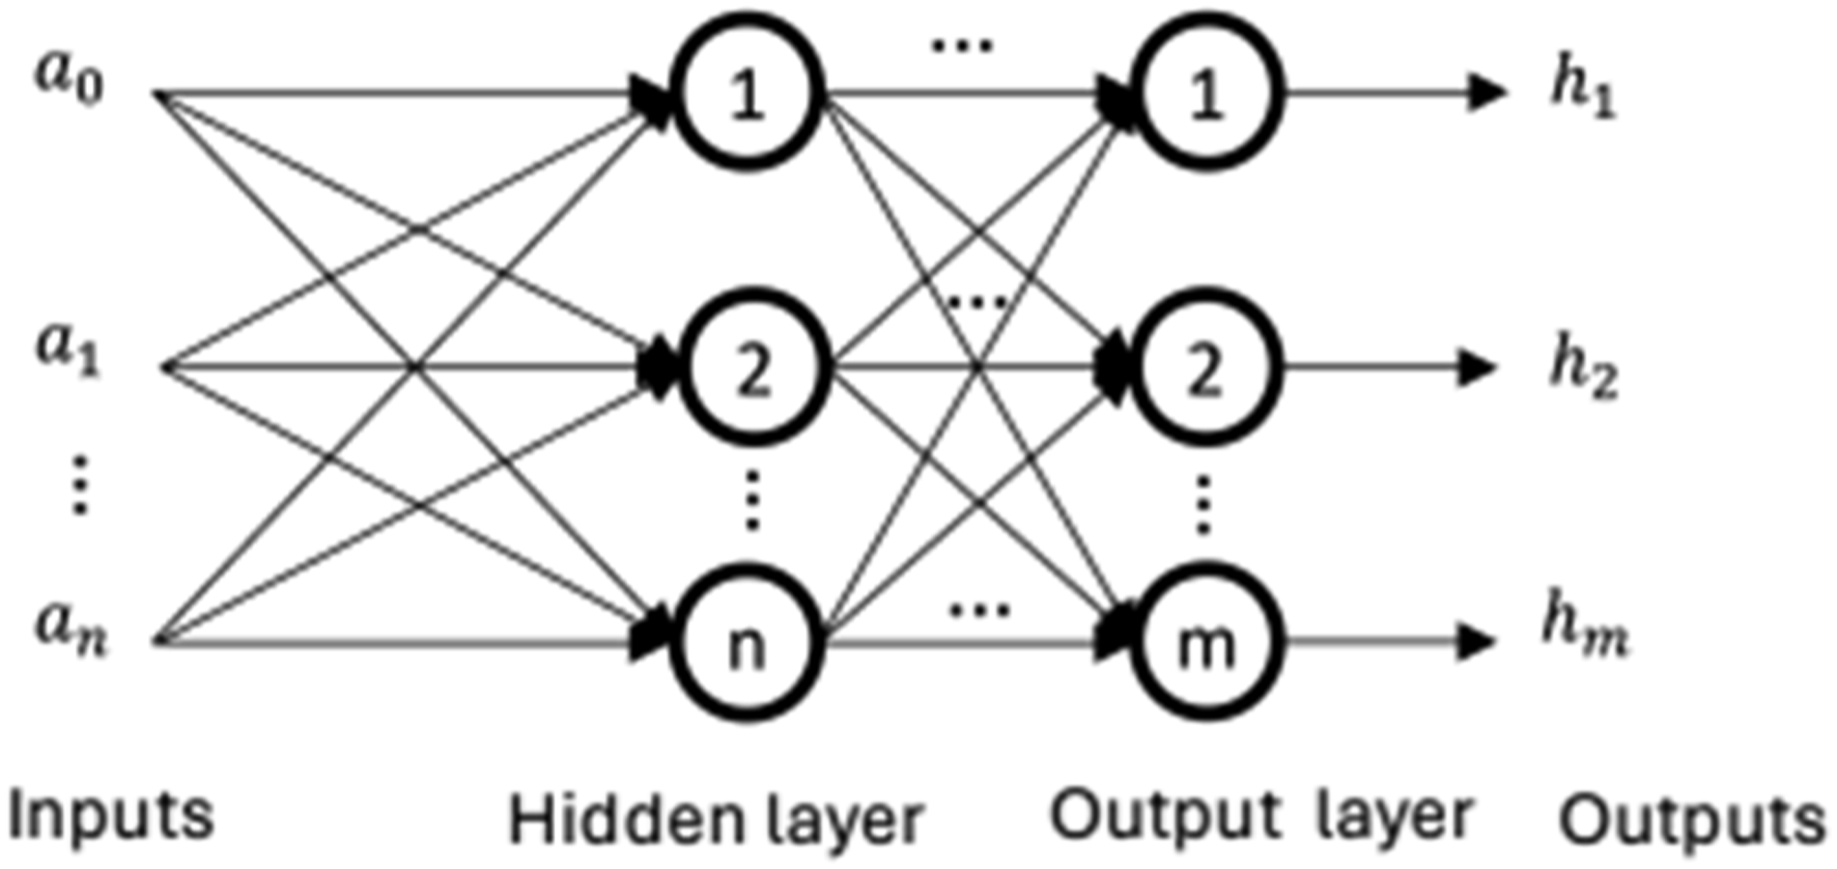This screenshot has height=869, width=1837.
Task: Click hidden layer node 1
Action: click(748, 94)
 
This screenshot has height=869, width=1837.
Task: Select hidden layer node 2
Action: click(752, 368)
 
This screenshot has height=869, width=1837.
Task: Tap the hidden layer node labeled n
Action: click(748, 642)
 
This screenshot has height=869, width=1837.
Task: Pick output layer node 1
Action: click(1206, 94)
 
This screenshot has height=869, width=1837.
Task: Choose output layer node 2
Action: click(1206, 368)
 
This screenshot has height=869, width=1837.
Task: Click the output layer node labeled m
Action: click(1206, 642)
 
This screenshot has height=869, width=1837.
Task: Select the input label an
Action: click(71, 627)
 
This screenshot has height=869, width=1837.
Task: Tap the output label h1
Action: click(1583, 92)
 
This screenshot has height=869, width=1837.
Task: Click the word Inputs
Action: click(110, 816)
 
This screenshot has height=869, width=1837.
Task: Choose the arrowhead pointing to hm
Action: click(1478, 642)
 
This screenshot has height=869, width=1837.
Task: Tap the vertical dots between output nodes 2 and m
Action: click(1202, 504)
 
